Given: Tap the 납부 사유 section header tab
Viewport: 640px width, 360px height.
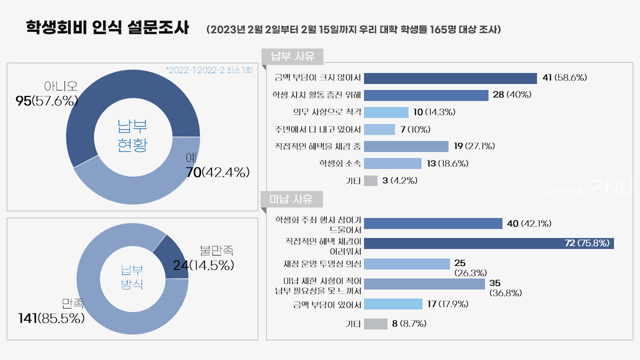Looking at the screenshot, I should coord(292,56).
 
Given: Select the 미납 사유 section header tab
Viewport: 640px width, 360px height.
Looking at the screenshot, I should coord(292,200).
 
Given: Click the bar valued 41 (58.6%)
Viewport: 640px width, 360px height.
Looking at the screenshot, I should coord(450,78).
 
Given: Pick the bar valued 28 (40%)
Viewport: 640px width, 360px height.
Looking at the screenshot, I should coord(426,95).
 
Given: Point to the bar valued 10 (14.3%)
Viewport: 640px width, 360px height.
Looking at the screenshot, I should coord(386,112).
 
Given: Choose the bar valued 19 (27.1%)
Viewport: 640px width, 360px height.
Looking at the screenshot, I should coord(406,146).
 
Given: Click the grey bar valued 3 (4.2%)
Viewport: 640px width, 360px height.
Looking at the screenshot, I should coord(370,180).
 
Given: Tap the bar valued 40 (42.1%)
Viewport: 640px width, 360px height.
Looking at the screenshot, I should coord(433,223).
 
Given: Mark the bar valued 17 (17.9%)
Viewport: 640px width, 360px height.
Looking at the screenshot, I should coord(393,304).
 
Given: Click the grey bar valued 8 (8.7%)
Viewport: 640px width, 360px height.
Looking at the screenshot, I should coord(375,324).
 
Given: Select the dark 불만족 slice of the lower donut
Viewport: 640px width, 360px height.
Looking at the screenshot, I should coord(172,257).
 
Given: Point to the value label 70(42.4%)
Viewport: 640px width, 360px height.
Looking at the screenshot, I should coord(217,173).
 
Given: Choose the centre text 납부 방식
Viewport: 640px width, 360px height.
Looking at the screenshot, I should coord(132,277).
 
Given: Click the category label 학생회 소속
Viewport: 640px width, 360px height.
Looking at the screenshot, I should coord(340,163).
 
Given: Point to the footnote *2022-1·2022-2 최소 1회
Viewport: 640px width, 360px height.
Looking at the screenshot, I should coord(209,70).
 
